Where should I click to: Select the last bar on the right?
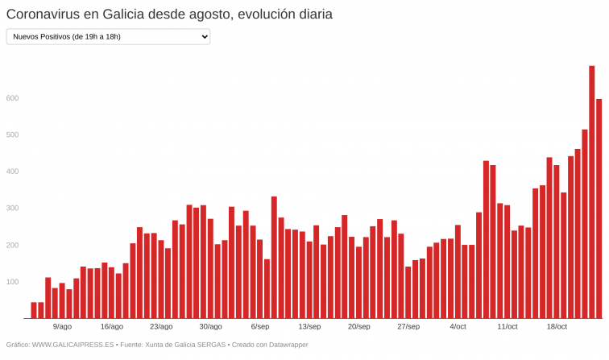tap(599, 209)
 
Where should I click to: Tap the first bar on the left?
tap(34, 310)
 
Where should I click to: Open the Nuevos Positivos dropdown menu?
tap(108, 36)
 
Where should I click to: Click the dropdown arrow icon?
tap(204, 36)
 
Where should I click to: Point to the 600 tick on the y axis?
tap(12, 98)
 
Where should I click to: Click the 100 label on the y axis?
tap(12, 282)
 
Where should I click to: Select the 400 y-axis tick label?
tap(12, 172)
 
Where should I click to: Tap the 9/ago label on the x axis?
tap(62, 327)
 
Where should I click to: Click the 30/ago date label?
tap(210, 327)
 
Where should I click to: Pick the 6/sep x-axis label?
tap(260, 327)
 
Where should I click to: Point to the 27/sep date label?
tap(408, 327)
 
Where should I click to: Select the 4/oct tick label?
tap(458, 327)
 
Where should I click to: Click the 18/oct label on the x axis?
tap(557, 327)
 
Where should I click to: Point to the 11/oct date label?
tap(507, 327)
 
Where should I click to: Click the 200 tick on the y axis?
tap(12, 245)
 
